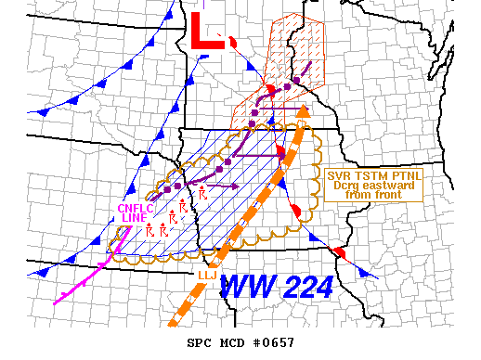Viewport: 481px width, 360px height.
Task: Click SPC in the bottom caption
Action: (199, 342)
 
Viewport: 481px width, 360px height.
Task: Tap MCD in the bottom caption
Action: (230, 342)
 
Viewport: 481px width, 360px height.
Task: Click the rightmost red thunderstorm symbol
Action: (202, 194)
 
